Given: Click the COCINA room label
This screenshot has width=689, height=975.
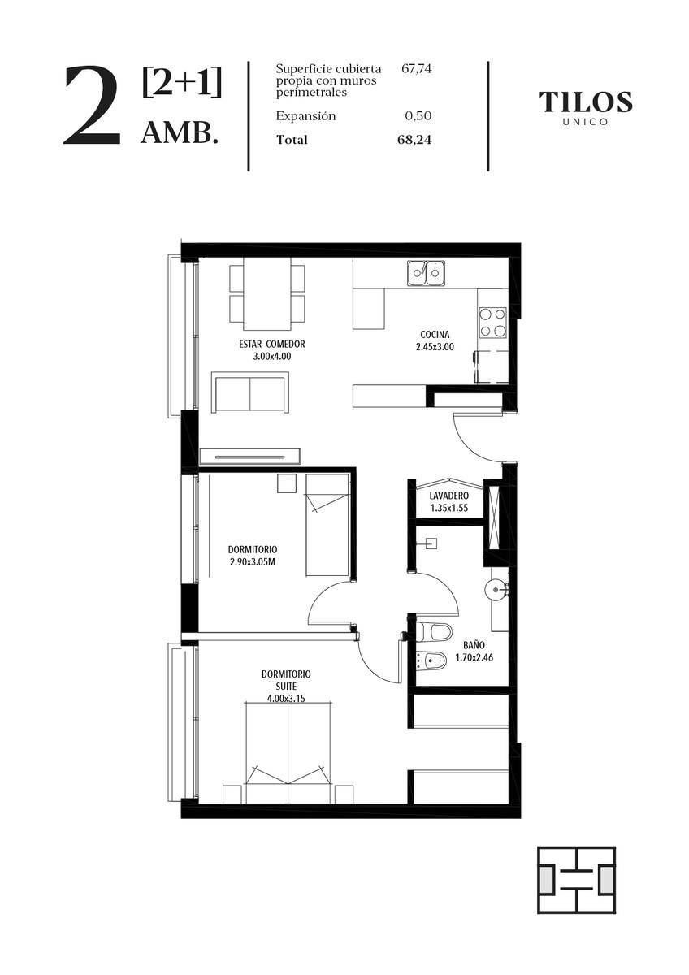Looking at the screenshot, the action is coord(435,334).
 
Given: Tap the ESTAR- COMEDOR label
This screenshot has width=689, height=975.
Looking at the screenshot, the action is coord(272,344).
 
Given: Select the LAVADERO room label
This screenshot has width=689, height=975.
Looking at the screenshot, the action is coord(449,496).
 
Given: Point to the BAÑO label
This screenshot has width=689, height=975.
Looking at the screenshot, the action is coord(474,644).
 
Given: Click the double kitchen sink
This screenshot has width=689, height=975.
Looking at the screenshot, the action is coord(426,273).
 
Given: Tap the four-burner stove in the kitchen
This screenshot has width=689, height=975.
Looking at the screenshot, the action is coord(492,322).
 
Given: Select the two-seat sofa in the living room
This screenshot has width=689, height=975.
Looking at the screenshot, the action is coord(250,392).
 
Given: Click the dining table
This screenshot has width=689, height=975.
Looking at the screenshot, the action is coord(267,294).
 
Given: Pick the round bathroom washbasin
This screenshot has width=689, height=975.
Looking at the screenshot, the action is coord(496,590).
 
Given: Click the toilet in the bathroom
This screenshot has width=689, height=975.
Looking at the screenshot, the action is coord(434,631).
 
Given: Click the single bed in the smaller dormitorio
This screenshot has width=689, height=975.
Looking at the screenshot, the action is coord(327,526).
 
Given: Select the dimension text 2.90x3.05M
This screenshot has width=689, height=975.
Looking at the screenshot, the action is coord(253,562).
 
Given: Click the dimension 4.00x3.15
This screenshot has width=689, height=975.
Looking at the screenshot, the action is coord(286,699).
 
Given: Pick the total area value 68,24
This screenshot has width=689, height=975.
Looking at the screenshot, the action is coord(414,140).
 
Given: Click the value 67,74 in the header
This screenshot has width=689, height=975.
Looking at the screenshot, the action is coord(417,69).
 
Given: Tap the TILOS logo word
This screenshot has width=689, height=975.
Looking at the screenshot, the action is coord(586,102).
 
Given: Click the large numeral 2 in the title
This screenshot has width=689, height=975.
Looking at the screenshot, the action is coord(93,106).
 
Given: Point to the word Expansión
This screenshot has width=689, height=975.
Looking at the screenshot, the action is coord(306,116).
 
